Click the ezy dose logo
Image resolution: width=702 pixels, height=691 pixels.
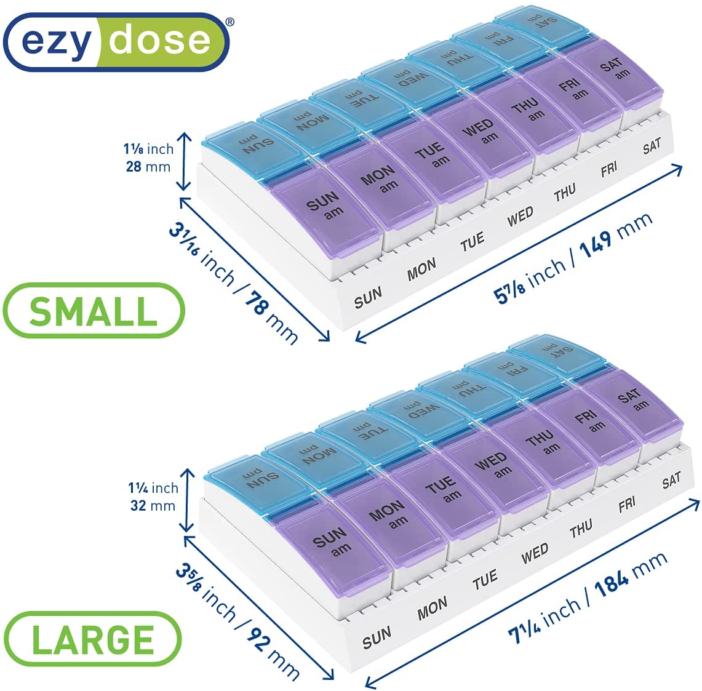point(116,42)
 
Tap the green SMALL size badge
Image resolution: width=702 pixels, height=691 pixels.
point(94,311)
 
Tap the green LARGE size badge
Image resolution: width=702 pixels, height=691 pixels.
point(92,639)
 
